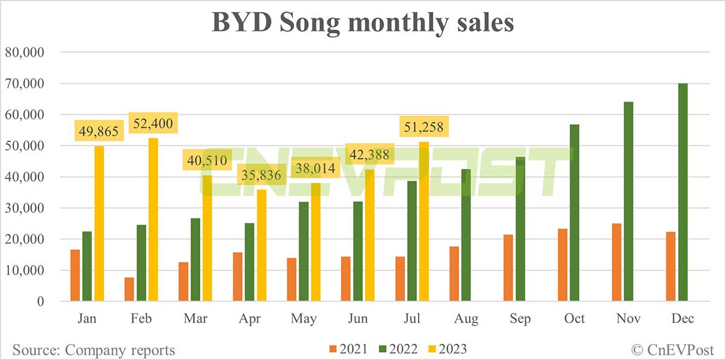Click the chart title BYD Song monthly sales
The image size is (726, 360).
click(x=362, y=22)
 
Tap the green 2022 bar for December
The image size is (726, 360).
click(x=683, y=192)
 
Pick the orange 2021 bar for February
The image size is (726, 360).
click(x=129, y=289)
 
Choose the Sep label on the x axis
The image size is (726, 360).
click(x=520, y=319)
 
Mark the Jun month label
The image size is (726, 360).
click(x=358, y=319)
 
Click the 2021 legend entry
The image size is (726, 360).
click(x=347, y=349)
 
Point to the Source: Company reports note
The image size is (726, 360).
click(x=94, y=350)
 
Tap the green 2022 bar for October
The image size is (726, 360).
click(x=575, y=213)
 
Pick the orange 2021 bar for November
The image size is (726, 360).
click(x=617, y=263)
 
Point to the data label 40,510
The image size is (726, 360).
click(x=207, y=162)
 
